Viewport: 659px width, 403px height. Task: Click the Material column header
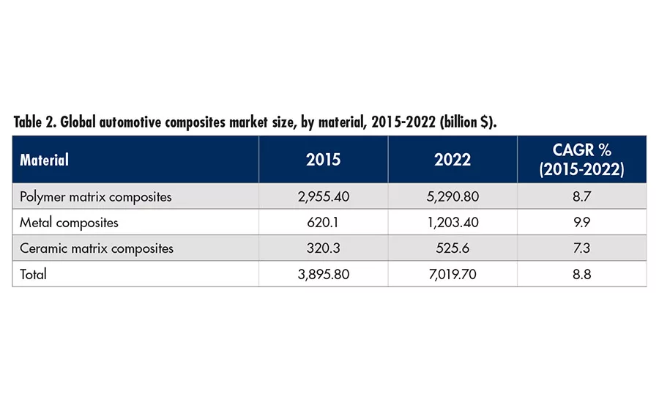[45, 160]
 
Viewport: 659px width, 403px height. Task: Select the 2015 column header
[324, 160]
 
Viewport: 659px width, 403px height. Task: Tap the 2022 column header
[453, 160]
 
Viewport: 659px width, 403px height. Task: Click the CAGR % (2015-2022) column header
[582, 160]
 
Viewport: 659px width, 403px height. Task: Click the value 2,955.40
[324, 196]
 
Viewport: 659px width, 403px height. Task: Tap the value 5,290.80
[453, 196]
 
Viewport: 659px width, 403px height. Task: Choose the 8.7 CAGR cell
[582, 196]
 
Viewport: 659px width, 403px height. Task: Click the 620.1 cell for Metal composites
[324, 222]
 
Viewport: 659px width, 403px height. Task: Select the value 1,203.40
[453, 222]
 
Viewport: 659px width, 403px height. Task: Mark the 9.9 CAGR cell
[582, 222]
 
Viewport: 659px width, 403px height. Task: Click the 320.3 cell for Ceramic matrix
[324, 248]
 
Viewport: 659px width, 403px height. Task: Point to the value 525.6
[453, 248]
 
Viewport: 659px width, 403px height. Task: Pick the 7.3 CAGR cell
[582, 248]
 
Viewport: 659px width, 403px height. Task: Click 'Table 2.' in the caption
[35, 122]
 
